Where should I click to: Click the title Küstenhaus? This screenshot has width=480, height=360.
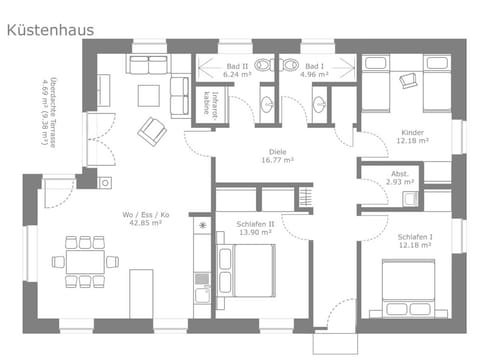tap(50, 30)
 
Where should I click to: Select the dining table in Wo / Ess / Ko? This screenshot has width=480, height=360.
tap(85, 261)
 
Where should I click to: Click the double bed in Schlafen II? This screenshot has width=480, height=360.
tap(252, 270)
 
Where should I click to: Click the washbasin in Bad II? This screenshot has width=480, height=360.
tap(268, 104)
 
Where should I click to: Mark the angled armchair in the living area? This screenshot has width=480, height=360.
tap(153, 131)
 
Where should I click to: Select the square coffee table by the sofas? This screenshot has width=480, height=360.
tap(147, 95)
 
